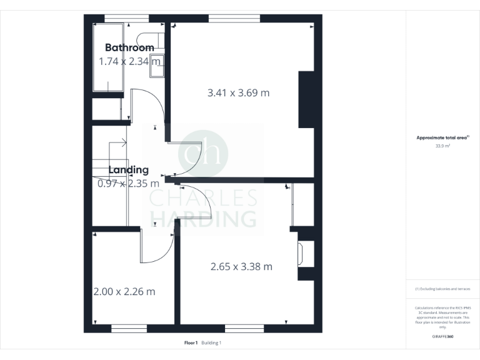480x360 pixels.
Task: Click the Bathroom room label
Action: (x=129, y=47)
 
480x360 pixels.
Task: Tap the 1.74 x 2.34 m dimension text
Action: (x=129, y=61)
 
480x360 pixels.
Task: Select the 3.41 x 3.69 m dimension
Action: (x=238, y=93)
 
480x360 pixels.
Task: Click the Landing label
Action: (x=128, y=169)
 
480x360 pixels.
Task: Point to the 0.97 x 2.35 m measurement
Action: (x=128, y=183)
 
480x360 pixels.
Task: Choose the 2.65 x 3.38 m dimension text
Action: (x=241, y=266)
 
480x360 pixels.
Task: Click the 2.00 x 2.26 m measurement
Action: (x=124, y=291)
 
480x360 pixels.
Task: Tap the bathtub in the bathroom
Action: (x=107, y=57)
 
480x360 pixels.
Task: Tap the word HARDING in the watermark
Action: (x=203, y=219)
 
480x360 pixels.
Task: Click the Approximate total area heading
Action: (x=442, y=138)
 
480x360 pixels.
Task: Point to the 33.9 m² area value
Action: (x=442, y=146)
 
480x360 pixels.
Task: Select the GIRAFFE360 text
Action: (x=442, y=336)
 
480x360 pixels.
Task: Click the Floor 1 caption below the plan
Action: (x=191, y=342)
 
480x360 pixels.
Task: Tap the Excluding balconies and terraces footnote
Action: (x=442, y=289)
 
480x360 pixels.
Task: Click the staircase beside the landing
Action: (x=109, y=181)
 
